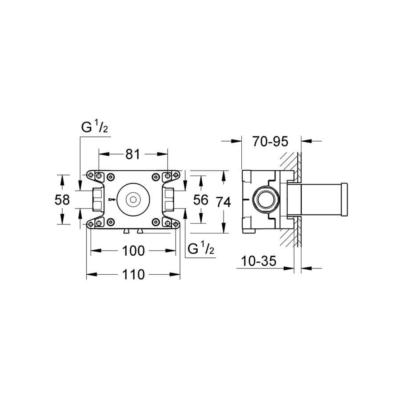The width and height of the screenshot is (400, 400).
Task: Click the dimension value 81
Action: pyautogui.click(x=133, y=154)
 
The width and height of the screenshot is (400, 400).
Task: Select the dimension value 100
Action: pyautogui.click(x=133, y=251)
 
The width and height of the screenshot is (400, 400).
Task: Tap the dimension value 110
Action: pyautogui.click(x=133, y=275)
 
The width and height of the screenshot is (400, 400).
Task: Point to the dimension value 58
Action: pyautogui.click(x=62, y=200)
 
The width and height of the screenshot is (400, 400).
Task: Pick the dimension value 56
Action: pyautogui.click(x=201, y=200)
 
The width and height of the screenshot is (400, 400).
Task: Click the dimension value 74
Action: pyautogui.click(x=224, y=202)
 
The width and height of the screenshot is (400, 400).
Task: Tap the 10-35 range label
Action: pyautogui.click(x=258, y=261)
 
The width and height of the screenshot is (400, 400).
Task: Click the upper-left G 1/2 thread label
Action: pyautogui.click(x=94, y=127)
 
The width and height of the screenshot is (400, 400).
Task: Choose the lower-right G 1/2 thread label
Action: pyautogui.click(x=201, y=248)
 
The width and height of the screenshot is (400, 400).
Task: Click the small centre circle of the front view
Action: pyautogui.click(x=133, y=200)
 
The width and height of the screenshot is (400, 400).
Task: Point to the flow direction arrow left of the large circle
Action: pyautogui.click(x=112, y=200)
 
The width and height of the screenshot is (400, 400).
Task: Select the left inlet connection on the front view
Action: pyautogui.click(x=98, y=200)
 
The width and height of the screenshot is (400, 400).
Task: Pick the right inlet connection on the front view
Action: pyautogui.click(x=168, y=200)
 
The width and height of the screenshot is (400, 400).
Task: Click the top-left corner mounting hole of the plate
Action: pyautogui.click(x=90, y=175)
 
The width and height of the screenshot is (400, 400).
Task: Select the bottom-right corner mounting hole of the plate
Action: pyautogui.click(x=176, y=224)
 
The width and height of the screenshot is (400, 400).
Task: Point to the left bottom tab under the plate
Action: pyautogui.click(x=126, y=231)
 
